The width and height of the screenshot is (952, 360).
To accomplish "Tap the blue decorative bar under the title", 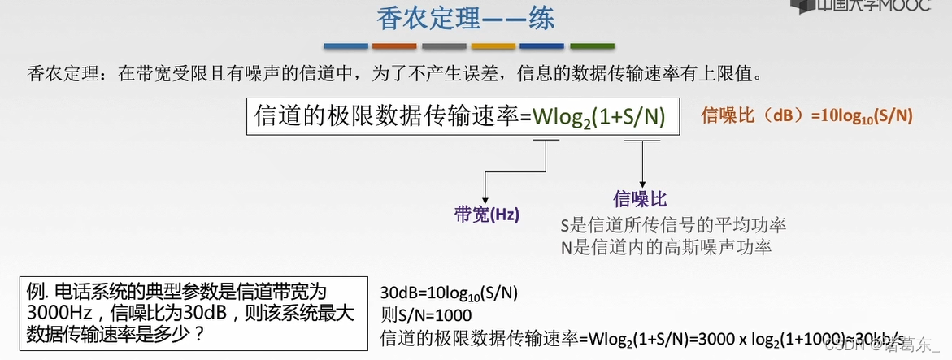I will pos(346,46).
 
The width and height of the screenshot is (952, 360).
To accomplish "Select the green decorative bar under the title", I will pos(592,46).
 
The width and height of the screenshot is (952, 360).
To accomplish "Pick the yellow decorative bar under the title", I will pos(493,46).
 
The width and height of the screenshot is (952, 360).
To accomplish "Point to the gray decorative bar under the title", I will pos(444,46).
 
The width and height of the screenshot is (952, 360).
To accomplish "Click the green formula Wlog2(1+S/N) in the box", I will pos(599,116).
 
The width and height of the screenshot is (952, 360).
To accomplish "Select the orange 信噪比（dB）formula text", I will pos(806,116).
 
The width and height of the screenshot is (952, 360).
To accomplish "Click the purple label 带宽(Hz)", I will pos(486,215).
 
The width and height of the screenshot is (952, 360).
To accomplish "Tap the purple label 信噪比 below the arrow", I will pos(640,199).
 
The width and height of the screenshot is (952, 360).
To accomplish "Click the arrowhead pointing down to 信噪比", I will pos(643,185).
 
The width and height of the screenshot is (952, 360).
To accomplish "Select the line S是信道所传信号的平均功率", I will pos(673,223).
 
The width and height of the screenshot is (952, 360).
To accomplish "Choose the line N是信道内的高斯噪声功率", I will pos(666,246).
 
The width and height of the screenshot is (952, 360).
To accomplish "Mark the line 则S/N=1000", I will pos(425,314).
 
